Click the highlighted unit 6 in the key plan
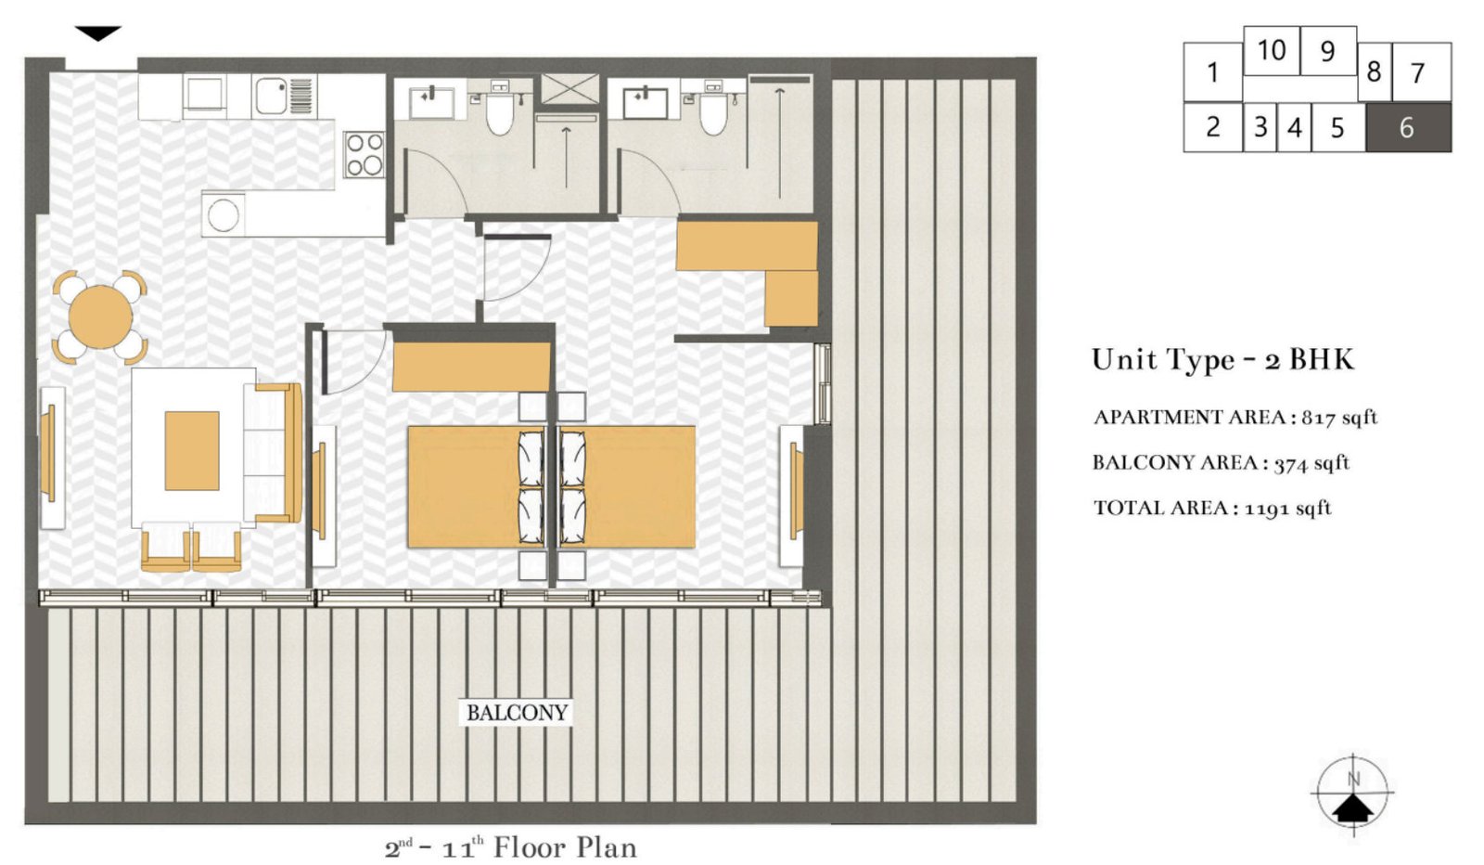point(1407,127)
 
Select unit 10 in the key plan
point(1271,50)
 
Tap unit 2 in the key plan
point(1212,127)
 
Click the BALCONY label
point(517,713)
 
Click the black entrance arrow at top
point(97,34)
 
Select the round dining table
point(100,317)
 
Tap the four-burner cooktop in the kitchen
point(365,154)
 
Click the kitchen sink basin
point(272,96)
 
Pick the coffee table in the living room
point(192,450)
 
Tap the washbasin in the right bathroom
point(646,102)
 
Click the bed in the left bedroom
point(464,486)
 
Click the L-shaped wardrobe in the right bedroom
point(761,265)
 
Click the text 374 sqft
point(1311,463)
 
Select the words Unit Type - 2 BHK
point(1222,359)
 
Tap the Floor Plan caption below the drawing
point(510,847)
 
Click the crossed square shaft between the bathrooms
point(570,89)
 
